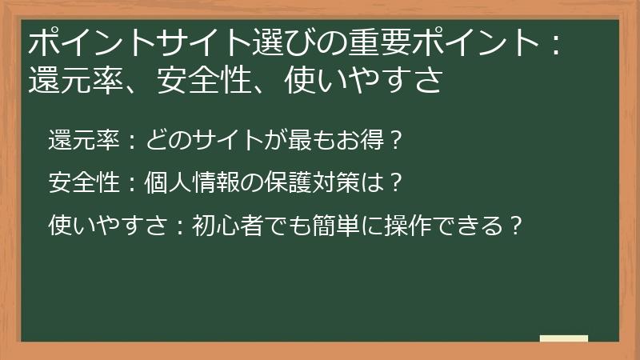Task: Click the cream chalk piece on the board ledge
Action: pos(563,338)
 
